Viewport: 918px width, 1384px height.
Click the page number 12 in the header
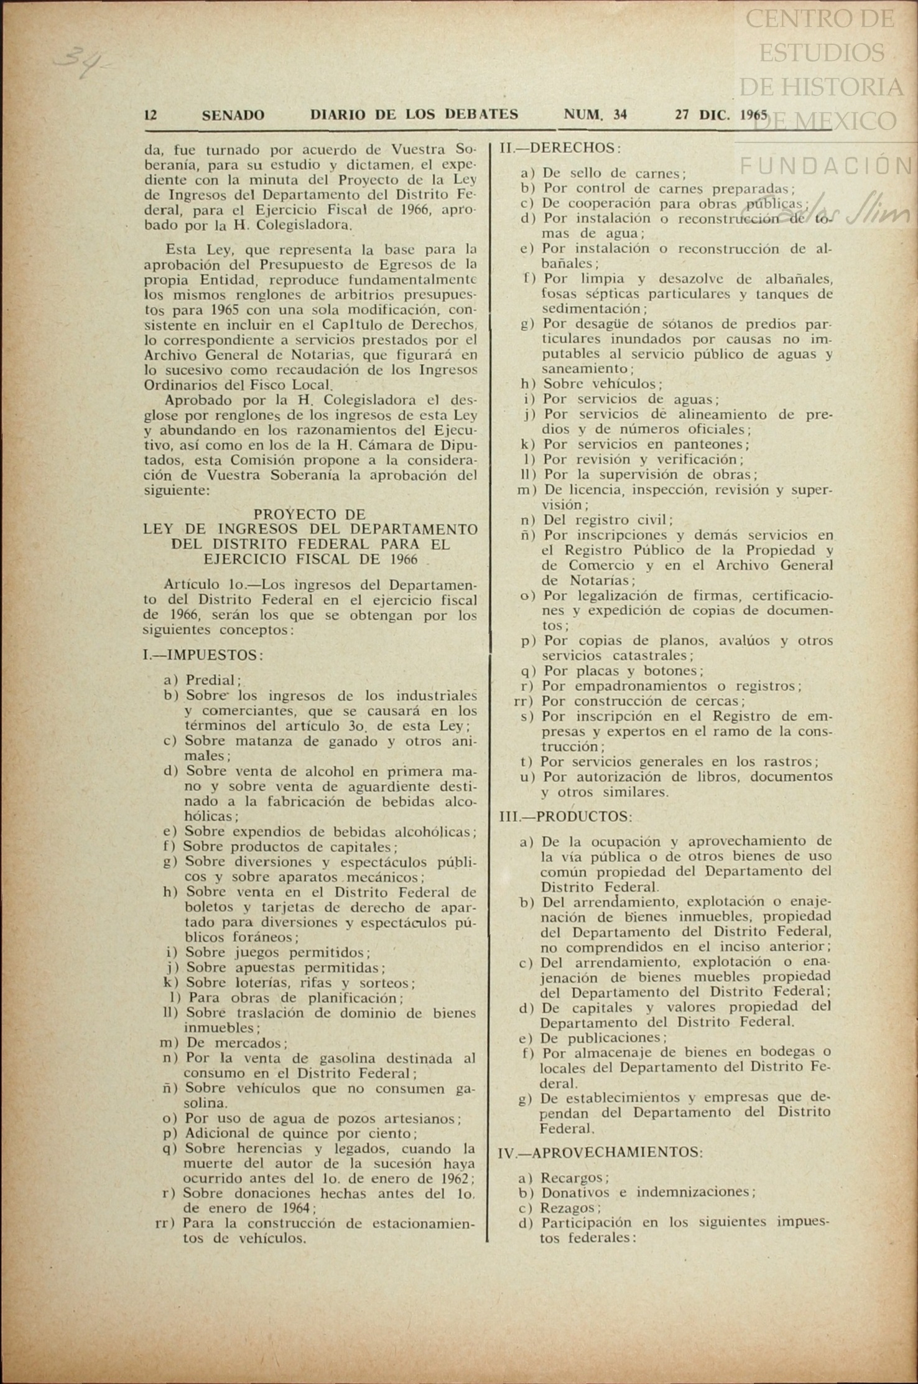click(x=150, y=115)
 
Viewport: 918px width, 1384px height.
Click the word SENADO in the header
click(x=233, y=115)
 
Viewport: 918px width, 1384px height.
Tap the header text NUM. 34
click(x=595, y=115)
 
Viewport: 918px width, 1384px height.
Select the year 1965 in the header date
click(x=754, y=115)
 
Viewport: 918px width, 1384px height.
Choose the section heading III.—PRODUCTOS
click(x=566, y=816)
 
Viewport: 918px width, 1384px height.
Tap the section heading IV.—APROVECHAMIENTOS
click(x=600, y=1152)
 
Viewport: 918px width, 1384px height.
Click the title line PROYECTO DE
click(x=310, y=514)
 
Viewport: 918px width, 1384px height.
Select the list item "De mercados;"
click(x=236, y=1043)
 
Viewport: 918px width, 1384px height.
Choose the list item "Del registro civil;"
click(x=608, y=520)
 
